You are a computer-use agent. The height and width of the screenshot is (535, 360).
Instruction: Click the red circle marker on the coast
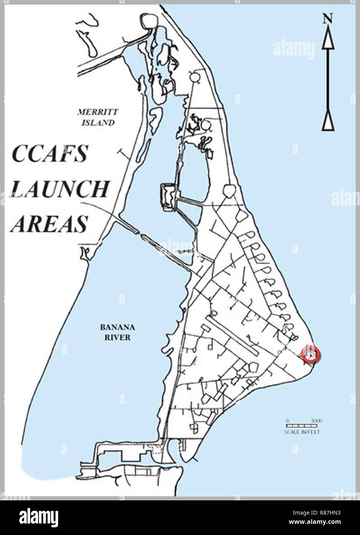(x=310, y=354)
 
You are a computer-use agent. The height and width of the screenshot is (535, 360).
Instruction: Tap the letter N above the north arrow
(x=328, y=18)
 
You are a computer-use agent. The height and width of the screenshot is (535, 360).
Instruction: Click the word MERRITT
(x=98, y=112)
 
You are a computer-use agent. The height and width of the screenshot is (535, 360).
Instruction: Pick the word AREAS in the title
(x=49, y=224)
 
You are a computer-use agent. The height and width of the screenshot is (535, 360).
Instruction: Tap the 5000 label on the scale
(x=316, y=421)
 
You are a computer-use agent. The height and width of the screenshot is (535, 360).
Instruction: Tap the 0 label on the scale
(x=287, y=421)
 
